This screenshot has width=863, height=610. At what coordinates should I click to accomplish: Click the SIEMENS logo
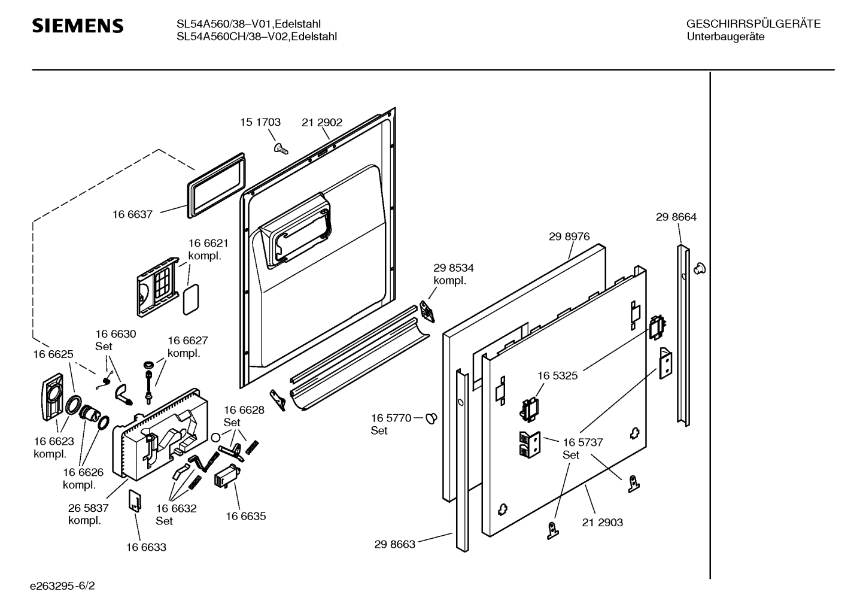[77, 26]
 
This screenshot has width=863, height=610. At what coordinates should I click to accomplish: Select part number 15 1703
[260, 122]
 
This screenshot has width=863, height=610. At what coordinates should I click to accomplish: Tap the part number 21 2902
[322, 122]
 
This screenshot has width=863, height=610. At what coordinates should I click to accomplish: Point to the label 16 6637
[132, 214]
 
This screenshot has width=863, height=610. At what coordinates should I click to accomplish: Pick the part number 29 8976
[569, 236]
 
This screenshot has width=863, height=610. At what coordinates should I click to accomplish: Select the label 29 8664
[676, 217]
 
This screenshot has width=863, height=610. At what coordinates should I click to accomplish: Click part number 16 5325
[557, 375]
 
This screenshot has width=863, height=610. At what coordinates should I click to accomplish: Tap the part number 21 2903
[602, 523]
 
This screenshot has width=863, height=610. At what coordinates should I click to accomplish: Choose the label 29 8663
[395, 545]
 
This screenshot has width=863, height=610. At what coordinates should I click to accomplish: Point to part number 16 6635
[245, 516]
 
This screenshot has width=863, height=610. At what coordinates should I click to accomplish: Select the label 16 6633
[146, 547]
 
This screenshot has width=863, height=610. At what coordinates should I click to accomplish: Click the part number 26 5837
[88, 508]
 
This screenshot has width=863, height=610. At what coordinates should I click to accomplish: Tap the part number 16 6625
[53, 354]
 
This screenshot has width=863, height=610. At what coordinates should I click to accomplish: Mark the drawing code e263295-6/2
[62, 585]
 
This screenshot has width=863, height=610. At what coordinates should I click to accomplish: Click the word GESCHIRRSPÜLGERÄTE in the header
[753, 25]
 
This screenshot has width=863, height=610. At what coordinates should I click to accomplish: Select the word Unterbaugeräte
[725, 37]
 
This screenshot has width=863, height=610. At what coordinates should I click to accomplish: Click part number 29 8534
[454, 268]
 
